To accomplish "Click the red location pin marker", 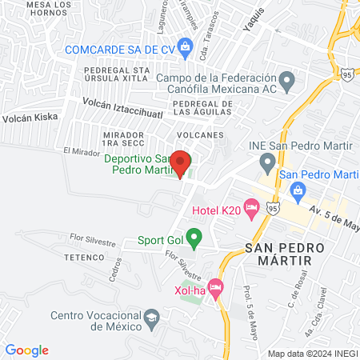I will click(x=181, y=162).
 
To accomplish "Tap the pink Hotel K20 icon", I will click(x=252, y=210).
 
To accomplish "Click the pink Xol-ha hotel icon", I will click(x=214, y=286).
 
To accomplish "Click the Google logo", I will click(x=27, y=350).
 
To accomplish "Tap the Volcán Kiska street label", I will click(x=30, y=117).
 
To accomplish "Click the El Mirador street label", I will click(x=80, y=150).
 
